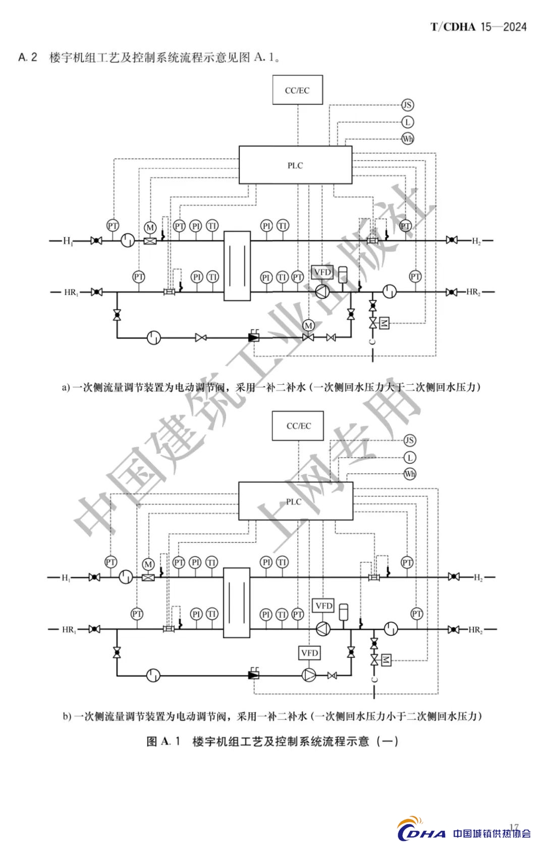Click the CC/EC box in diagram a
click(x=297, y=90)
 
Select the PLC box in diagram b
click(x=295, y=501)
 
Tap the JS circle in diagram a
click(x=407, y=105)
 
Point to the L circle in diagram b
click(x=410, y=458)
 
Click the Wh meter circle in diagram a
click(x=407, y=138)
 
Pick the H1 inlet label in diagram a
click(x=68, y=241)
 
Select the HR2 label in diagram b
click(x=475, y=630)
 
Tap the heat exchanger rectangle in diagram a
click(x=237, y=266)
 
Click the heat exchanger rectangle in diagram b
click(x=236, y=602)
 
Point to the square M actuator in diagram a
click(x=384, y=323)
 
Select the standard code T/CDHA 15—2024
click(x=478, y=27)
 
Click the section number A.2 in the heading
click(x=28, y=57)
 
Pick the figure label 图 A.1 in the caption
click(x=163, y=741)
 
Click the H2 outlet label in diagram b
click(x=477, y=577)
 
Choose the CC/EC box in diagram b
click(x=298, y=426)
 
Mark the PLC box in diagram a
click(x=295, y=165)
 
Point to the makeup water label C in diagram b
click(x=374, y=679)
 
